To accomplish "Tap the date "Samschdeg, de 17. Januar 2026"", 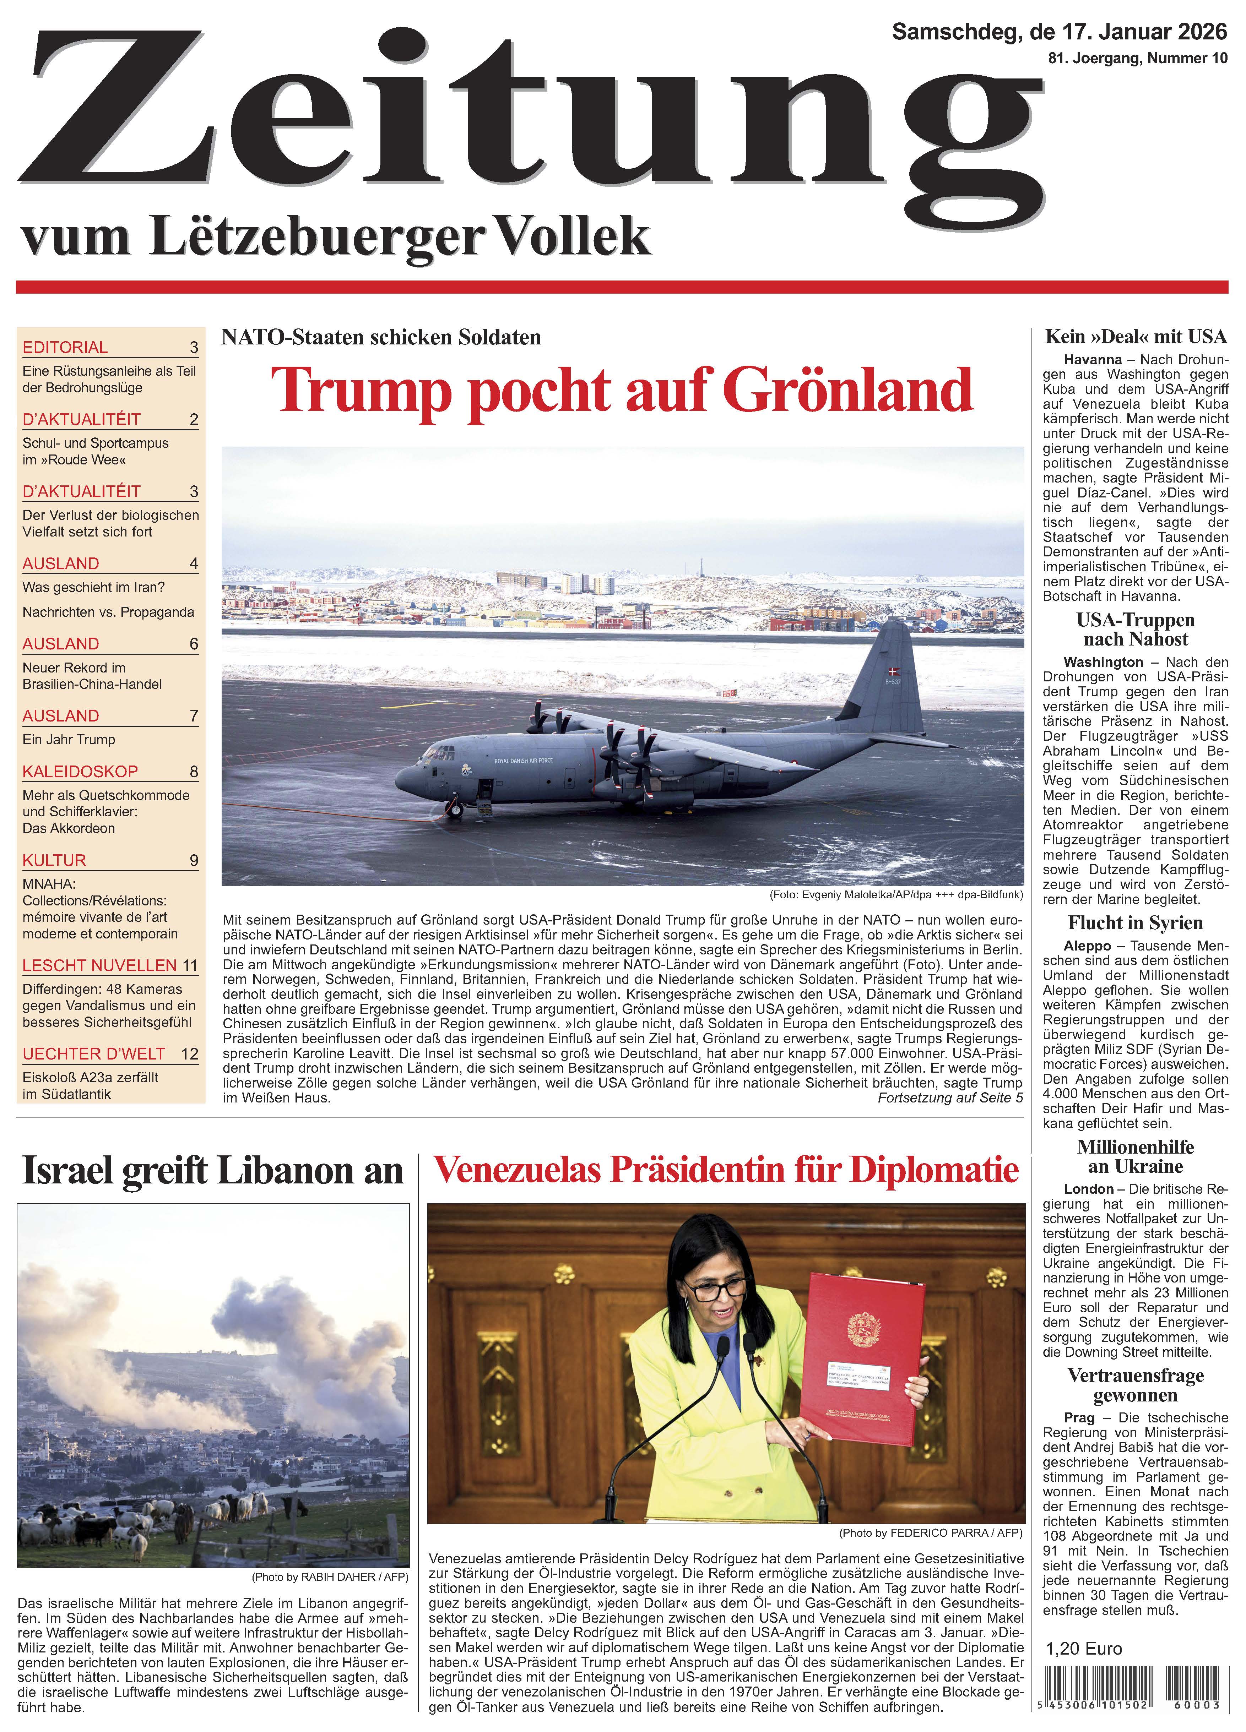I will coord(1059,32).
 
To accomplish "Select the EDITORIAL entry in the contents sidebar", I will coord(66,348).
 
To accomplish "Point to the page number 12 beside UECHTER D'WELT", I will coord(189,1054).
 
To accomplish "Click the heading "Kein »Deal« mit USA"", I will coord(1135,337).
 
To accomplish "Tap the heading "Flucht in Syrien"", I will coord(1135,922).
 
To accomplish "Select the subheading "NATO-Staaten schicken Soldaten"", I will coord(381,337).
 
